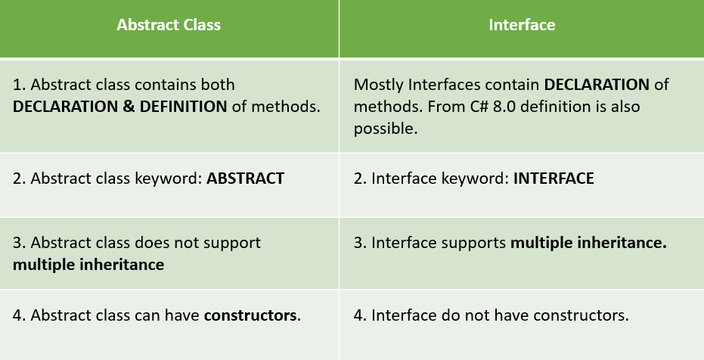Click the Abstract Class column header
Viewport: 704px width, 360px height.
click(x=169, y=25)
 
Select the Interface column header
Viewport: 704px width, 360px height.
click(x=522, y=25)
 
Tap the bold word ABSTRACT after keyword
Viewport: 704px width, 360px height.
click(x=245, y=178)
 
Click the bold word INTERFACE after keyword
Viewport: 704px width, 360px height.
click(x=554, y=178)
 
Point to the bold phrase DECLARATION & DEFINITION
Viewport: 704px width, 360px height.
click(x=120, y=107)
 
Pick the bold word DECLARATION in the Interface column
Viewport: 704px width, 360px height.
click(x=597, y=85)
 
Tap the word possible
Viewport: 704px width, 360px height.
click(x=386, y=129)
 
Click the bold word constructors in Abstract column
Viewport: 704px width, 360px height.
click(x=250, y=315)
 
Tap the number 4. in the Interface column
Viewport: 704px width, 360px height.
click(x=361, y=315)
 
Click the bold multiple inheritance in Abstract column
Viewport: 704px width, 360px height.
click(x=88, y=265)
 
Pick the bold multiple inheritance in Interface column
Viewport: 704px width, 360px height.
click(x=588, y=243)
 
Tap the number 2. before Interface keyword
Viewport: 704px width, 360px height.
click(x=361, y=178)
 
